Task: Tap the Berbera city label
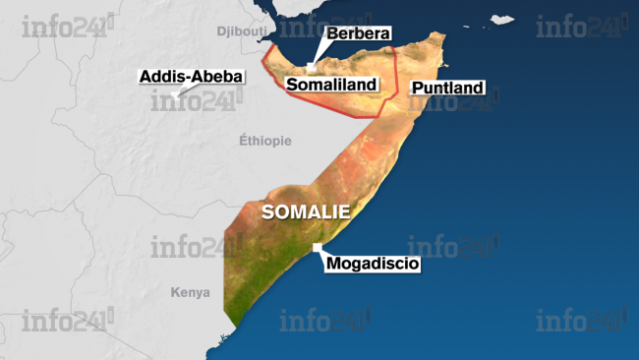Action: pos(358,34)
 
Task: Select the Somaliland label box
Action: pos(331,85)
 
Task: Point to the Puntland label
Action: pos(447,89)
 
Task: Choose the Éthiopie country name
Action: pos(265,141)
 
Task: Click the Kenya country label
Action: pos(190,292)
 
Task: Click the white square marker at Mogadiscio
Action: pos(317,247)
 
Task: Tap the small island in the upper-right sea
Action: pos(503,19)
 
